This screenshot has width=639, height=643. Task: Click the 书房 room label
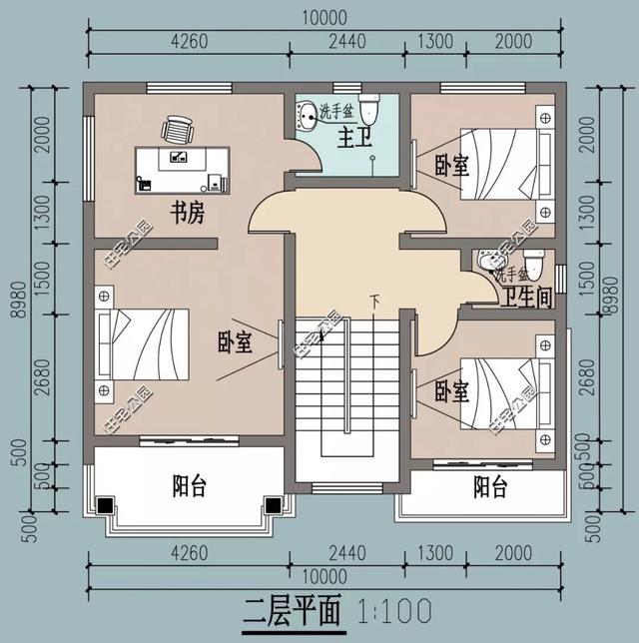coord(188,213)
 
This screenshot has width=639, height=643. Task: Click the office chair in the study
coord(178,129)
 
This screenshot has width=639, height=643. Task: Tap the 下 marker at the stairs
coord(375,300)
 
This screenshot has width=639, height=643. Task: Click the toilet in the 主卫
coord(370,107)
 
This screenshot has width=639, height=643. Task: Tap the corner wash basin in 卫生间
coord(486,262)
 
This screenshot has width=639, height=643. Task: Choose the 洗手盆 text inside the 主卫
coord(336,112)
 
